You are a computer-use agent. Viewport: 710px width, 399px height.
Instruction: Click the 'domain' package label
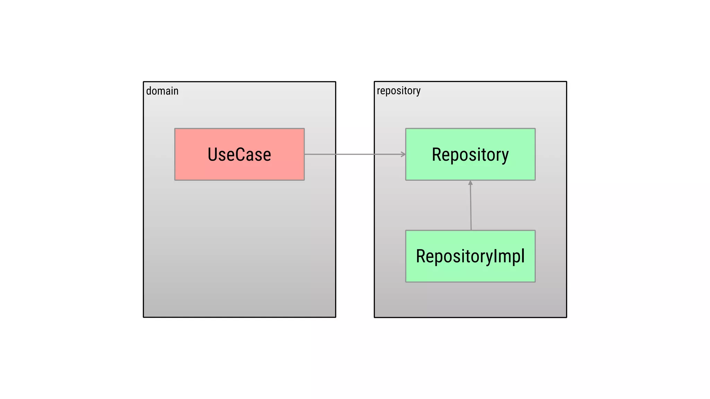point(162,91)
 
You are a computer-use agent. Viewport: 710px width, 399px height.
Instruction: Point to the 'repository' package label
point(399,91)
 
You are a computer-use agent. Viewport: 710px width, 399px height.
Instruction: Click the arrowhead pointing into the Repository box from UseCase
point(403,154)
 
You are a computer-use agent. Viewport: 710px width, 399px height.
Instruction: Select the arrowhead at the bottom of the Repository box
point(470,183)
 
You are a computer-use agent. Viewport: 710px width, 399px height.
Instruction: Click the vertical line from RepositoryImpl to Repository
point(471,208)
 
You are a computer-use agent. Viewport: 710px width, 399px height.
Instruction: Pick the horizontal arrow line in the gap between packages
point(355,154)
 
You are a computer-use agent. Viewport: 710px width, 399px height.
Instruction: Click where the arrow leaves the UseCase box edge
point(304,154)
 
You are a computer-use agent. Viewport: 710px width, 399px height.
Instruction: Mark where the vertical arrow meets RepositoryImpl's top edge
point(471,230)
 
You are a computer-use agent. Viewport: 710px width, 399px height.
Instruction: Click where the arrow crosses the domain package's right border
point(336,154)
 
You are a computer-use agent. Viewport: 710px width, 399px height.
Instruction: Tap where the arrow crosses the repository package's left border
point(374,154)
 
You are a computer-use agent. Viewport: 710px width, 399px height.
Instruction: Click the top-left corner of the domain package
point(144,82)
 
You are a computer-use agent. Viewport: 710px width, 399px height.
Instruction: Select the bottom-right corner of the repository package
point(566,317)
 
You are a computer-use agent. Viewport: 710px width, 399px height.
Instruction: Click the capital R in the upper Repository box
point(437,155)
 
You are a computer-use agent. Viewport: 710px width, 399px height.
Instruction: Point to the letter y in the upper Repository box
point(505,156)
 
